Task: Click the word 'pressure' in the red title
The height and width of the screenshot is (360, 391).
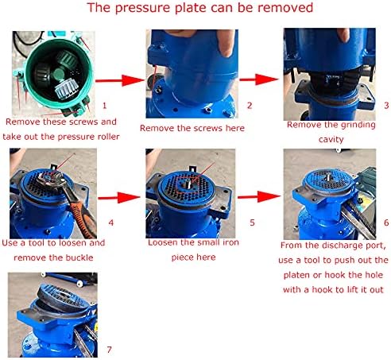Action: point(156,10)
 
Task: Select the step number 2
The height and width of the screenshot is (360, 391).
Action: point(226,105)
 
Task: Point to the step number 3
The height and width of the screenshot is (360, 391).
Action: point(364,105)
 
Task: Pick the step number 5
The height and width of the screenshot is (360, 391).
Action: point(230,225)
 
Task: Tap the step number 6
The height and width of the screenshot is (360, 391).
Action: point(364,223)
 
